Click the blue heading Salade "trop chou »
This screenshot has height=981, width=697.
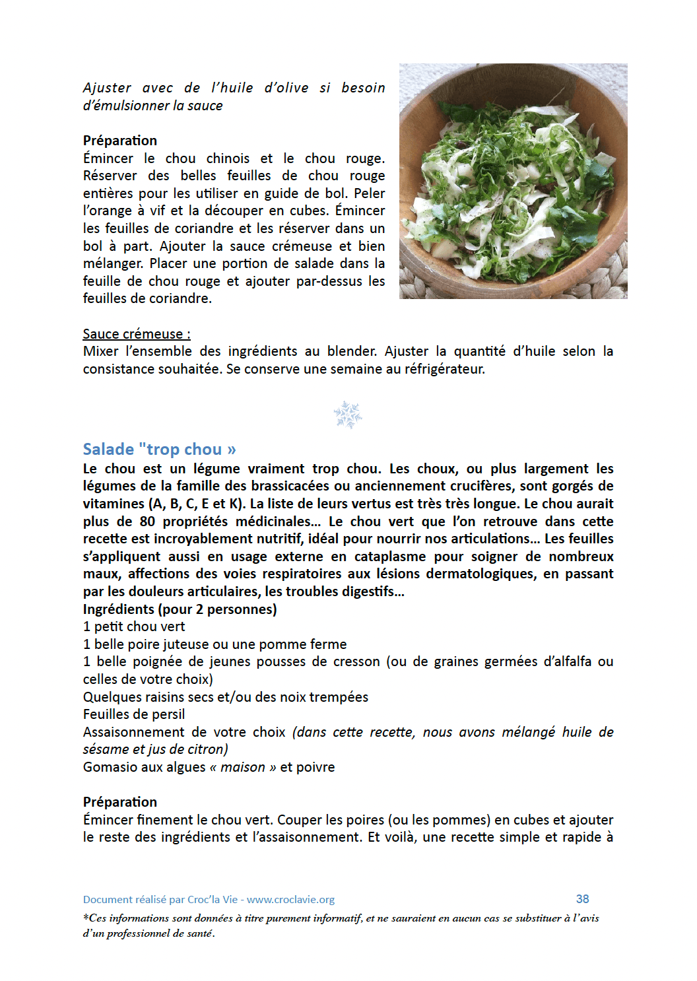coord(159,450)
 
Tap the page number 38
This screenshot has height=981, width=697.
coord(582,899)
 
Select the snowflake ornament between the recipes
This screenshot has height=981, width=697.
coord(348,415)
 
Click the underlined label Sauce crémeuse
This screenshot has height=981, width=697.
coord(136,334)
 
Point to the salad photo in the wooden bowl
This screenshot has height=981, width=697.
coord(513,181)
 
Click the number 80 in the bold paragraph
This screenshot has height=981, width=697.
coord(147,522)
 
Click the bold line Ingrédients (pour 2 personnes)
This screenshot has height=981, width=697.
coord(180,609)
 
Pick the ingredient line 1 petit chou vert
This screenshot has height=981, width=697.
coord(134,626)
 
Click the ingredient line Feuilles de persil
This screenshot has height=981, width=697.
coord(134,714)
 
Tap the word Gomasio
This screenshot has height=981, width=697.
coord(108,767)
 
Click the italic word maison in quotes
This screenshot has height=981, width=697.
coord(242,767)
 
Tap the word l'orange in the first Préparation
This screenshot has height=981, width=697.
coord(108,211)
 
